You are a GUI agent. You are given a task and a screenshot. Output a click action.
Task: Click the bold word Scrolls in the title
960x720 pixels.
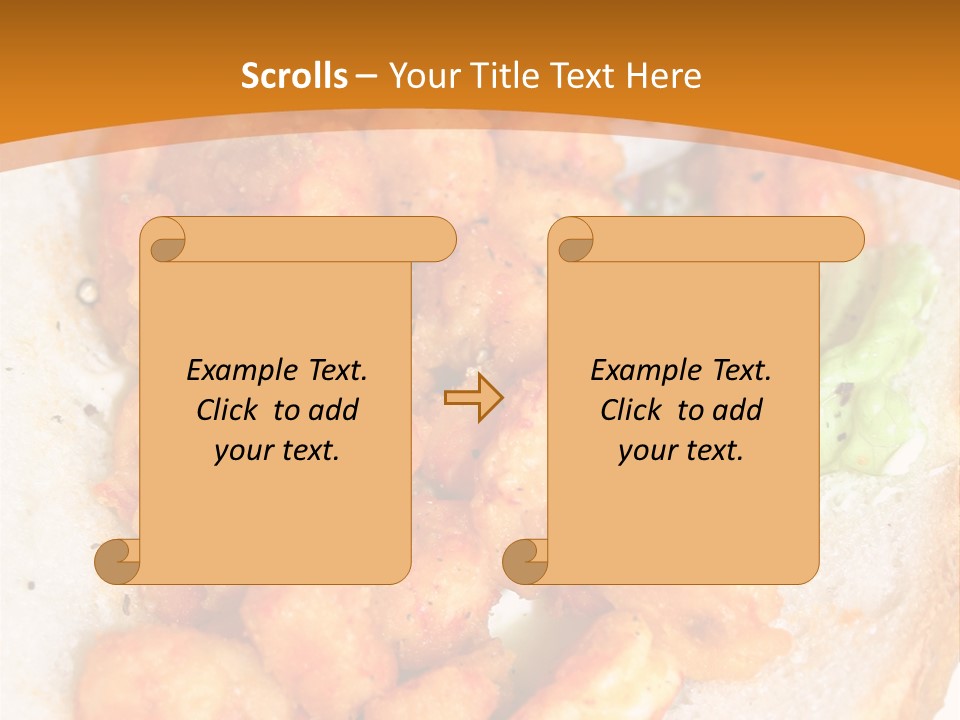294,76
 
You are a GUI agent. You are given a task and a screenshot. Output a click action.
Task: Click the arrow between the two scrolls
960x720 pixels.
473,398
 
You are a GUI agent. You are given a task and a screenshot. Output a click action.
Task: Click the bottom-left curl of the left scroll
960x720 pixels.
118,561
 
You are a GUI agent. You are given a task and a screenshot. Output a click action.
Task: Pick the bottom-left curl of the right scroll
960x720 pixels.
526,561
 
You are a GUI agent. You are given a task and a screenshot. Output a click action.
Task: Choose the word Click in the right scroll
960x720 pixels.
630,410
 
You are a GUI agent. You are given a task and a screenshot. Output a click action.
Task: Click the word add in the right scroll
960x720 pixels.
738,410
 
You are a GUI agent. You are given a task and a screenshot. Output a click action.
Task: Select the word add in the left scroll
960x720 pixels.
334,410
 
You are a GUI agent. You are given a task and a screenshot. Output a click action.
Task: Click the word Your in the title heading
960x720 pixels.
416,76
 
